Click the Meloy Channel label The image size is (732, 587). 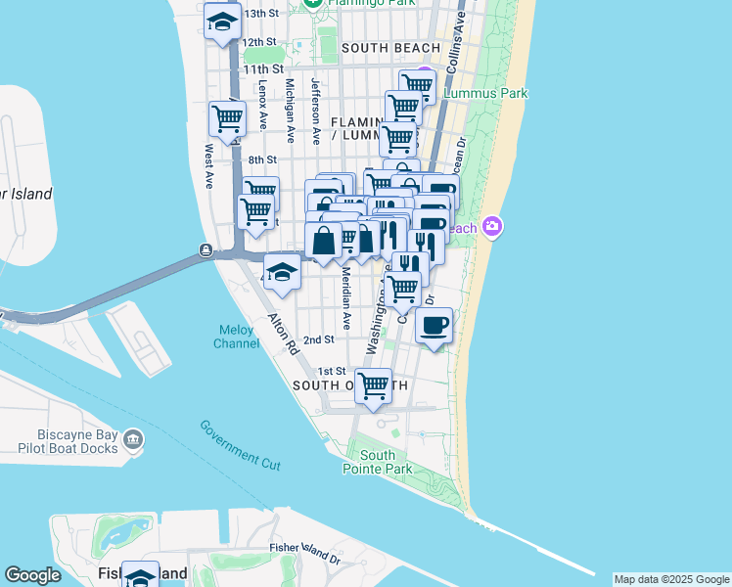coord(236,336)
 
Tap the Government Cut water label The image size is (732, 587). coord(240,445)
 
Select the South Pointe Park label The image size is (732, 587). coord(377,462)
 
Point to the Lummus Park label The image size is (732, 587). coord(486,93)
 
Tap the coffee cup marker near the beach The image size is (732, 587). coord(434,326)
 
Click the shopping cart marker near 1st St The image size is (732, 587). coord(374,385)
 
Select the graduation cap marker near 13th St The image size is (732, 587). coord(223,23)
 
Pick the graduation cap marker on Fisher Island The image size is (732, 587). coord(140,576)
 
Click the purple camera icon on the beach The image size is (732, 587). coord(492,227)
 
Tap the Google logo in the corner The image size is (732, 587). coord(32,576)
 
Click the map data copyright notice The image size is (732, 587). coord(671,579)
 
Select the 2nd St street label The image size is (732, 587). coord(318,339)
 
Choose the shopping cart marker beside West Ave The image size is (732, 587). coord(227,119)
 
